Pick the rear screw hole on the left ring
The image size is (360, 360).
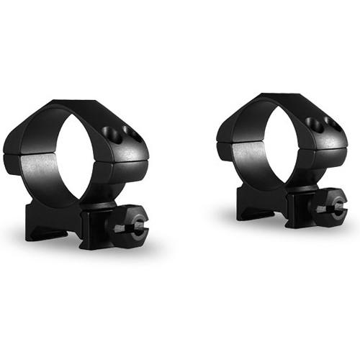[131, 130]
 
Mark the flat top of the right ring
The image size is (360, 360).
[281, 99]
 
